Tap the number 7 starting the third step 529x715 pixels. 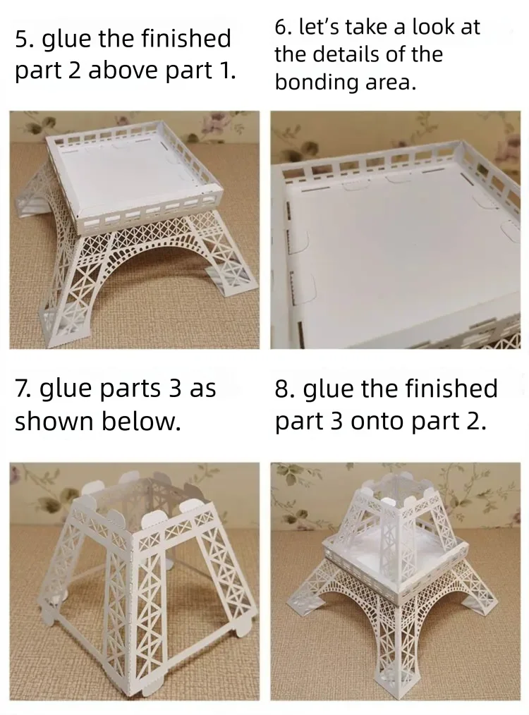(21, 389)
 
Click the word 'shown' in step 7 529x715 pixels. (54, 421)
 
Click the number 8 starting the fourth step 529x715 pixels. (282, 389)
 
